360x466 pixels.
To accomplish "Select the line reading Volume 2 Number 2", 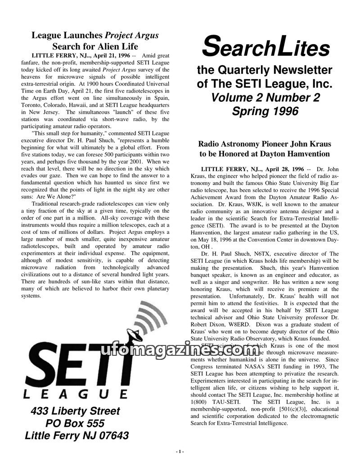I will (265, 98).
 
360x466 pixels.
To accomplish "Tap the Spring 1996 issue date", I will (265, 111).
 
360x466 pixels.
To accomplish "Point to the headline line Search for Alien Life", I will (95, 46).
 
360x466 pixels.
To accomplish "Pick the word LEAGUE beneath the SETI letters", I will (75, 394).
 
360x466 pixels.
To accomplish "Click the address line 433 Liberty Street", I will (76, 411).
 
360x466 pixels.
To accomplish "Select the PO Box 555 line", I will (75, 423).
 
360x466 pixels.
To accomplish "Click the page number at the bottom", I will (180, 451).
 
